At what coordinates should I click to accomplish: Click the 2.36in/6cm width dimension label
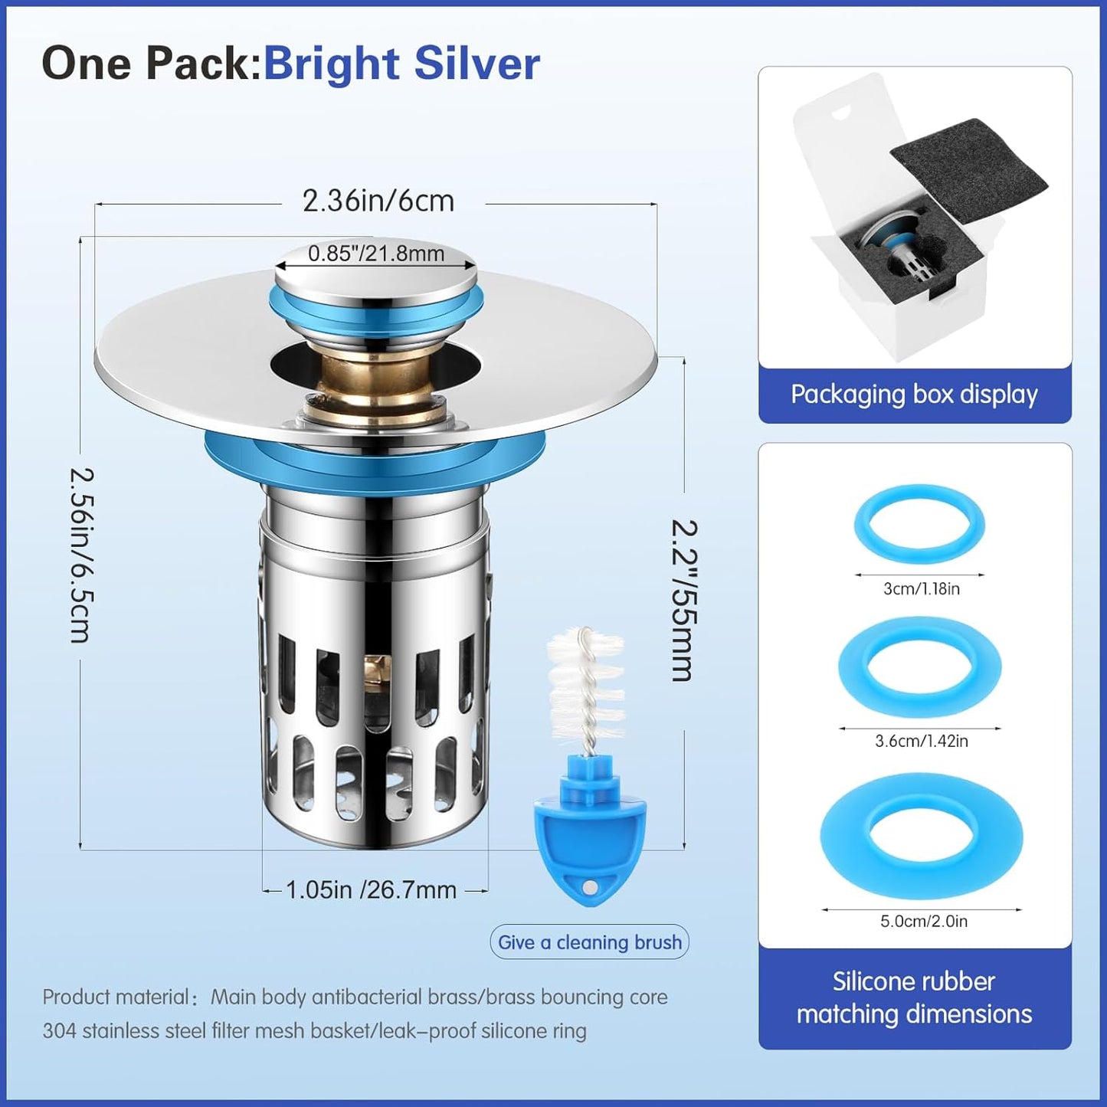[x=378, y=201]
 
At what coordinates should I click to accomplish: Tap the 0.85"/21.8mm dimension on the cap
[x=376, y=254]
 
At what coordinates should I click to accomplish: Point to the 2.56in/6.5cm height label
[x=81, y=555]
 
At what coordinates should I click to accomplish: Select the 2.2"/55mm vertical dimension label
[x=684, y=601]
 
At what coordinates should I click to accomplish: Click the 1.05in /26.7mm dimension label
[x=371, y=890]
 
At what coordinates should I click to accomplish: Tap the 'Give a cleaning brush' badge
[x=589, y=942]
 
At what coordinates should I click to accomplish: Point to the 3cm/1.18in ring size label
[x=922, y=589]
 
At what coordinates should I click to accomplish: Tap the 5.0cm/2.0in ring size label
[x=924, y=921]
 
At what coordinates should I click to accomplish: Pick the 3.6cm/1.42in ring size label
[x=922, y=741]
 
